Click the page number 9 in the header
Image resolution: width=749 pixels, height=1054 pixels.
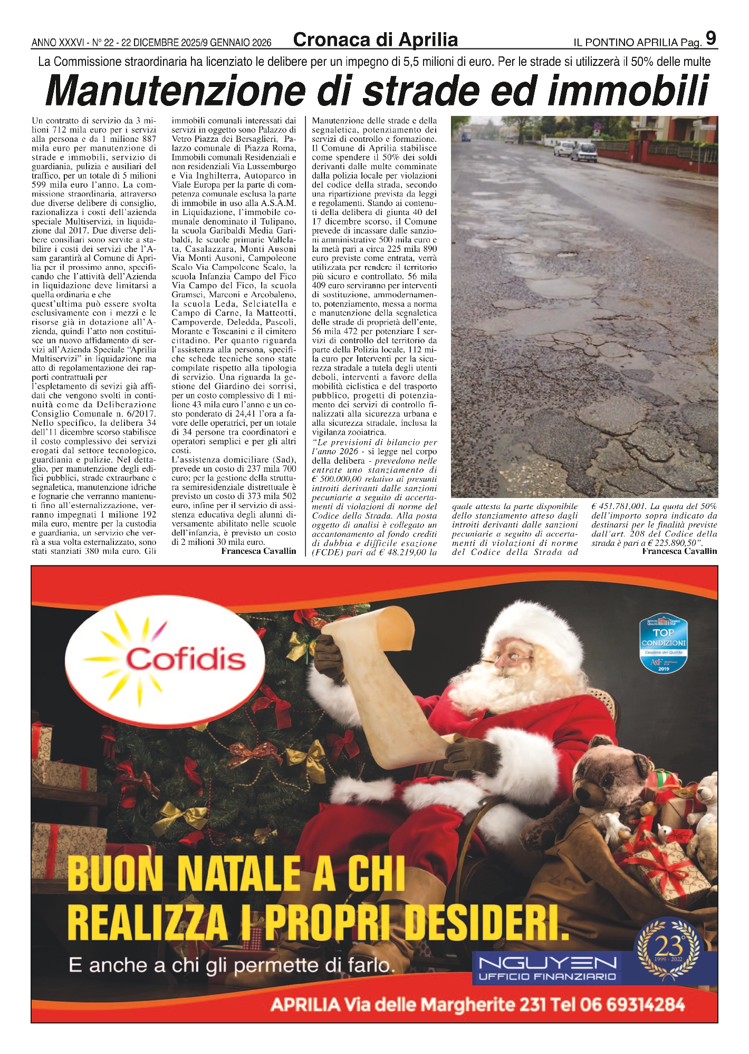(710, 39)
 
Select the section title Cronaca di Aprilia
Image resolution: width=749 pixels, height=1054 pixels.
(375, 40)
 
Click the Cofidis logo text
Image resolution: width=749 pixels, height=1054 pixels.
(186, 658)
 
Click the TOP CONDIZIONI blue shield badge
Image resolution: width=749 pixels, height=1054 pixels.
(664, 642)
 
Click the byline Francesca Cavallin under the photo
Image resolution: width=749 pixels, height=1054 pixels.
(679, 551)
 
